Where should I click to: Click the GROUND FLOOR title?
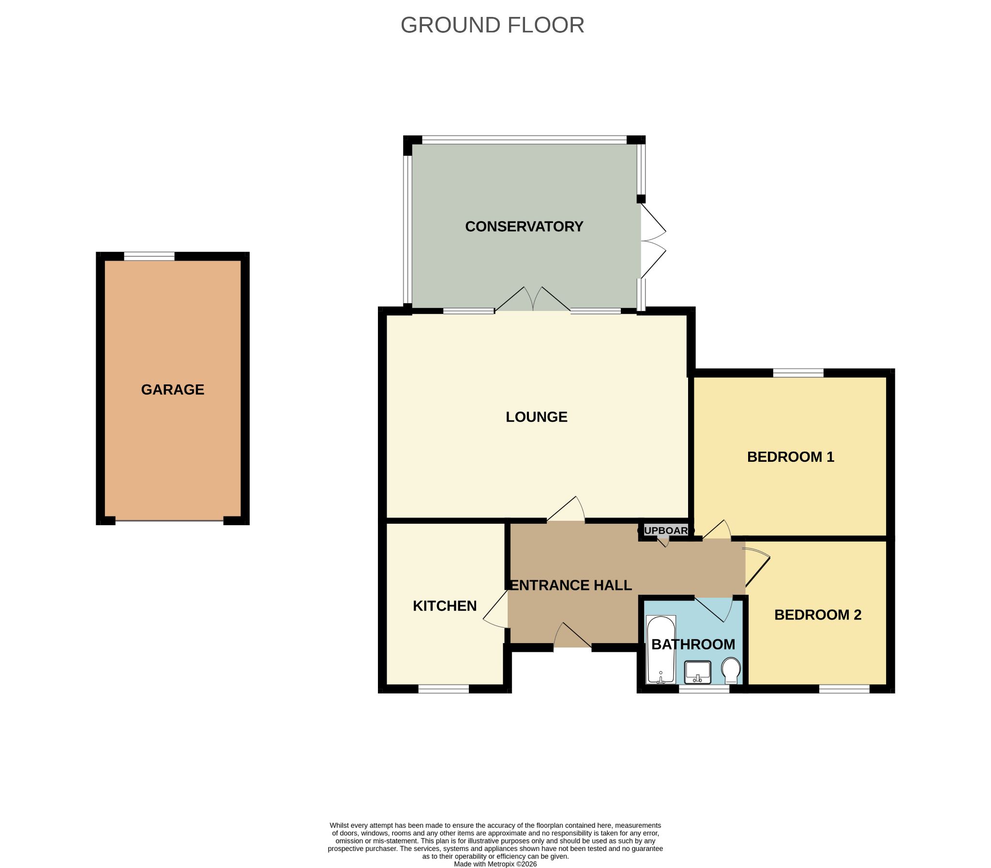click(492, 25)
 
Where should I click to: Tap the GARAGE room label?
click(173, 389)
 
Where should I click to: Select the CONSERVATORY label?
click(524, 226)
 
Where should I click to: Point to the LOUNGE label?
click(537, 416)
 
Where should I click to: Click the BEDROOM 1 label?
click(790, 457)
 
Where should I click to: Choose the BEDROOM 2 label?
click(817, 615)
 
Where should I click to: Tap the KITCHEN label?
click(444, 605)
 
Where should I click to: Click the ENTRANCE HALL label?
click(571, 585)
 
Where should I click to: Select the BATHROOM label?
click(693, 644)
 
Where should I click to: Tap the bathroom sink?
click(698, 672)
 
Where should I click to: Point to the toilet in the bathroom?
click(731, 670)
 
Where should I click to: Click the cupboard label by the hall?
click(666, 530)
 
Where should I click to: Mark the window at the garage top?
click(149, 256)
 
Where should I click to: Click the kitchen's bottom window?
click(443, 689)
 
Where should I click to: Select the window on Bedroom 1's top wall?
click(798, 373)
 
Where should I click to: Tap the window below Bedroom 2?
click(844, 689)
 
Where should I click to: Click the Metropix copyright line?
click(495, 864)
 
